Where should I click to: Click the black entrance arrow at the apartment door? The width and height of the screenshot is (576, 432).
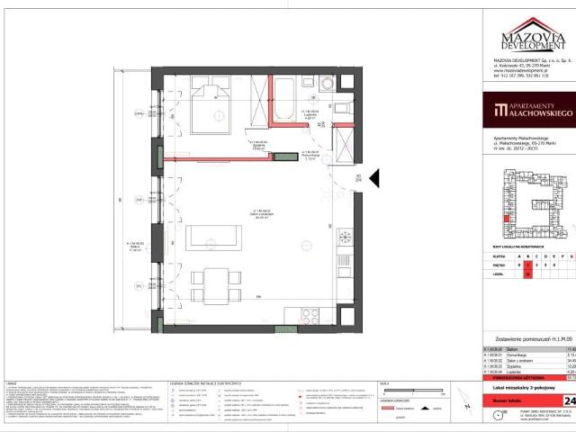377,180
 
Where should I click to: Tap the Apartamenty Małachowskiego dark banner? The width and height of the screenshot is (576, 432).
527,113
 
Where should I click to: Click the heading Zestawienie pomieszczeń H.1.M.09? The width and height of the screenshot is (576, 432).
527,337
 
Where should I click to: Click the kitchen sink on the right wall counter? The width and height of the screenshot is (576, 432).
346,238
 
